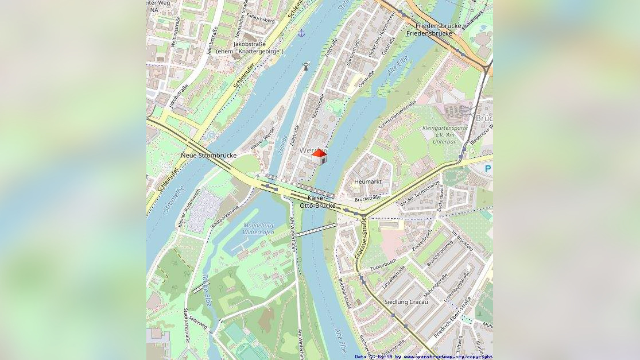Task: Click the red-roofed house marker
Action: pos(319,157)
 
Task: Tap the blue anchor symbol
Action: pos(301,33)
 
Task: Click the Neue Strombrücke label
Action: pos(208,156)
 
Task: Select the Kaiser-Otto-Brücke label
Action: pos(321,202)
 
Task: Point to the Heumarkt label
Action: pos(368,181)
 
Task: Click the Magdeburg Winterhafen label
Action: pos(258,229)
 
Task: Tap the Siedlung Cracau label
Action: pos(406,302)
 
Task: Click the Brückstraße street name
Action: pos(367,199)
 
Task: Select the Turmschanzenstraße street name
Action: pos(397,114)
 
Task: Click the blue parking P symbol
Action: pos(488,169)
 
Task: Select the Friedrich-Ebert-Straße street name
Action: pos(453,316)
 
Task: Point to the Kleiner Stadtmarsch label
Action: pos(189,207)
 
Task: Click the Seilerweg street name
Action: pos(199,324)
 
